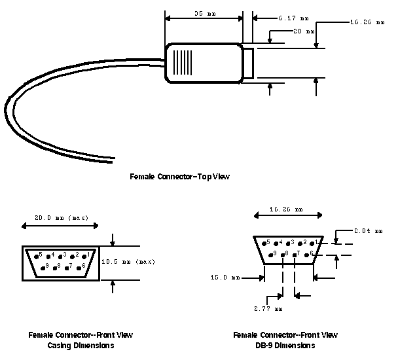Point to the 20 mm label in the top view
pos(304,31)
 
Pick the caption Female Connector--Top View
pos(180,176)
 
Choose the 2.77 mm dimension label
pos(268,308)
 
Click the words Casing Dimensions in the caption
pos(81,345)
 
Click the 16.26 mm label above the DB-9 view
pos(287,210)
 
